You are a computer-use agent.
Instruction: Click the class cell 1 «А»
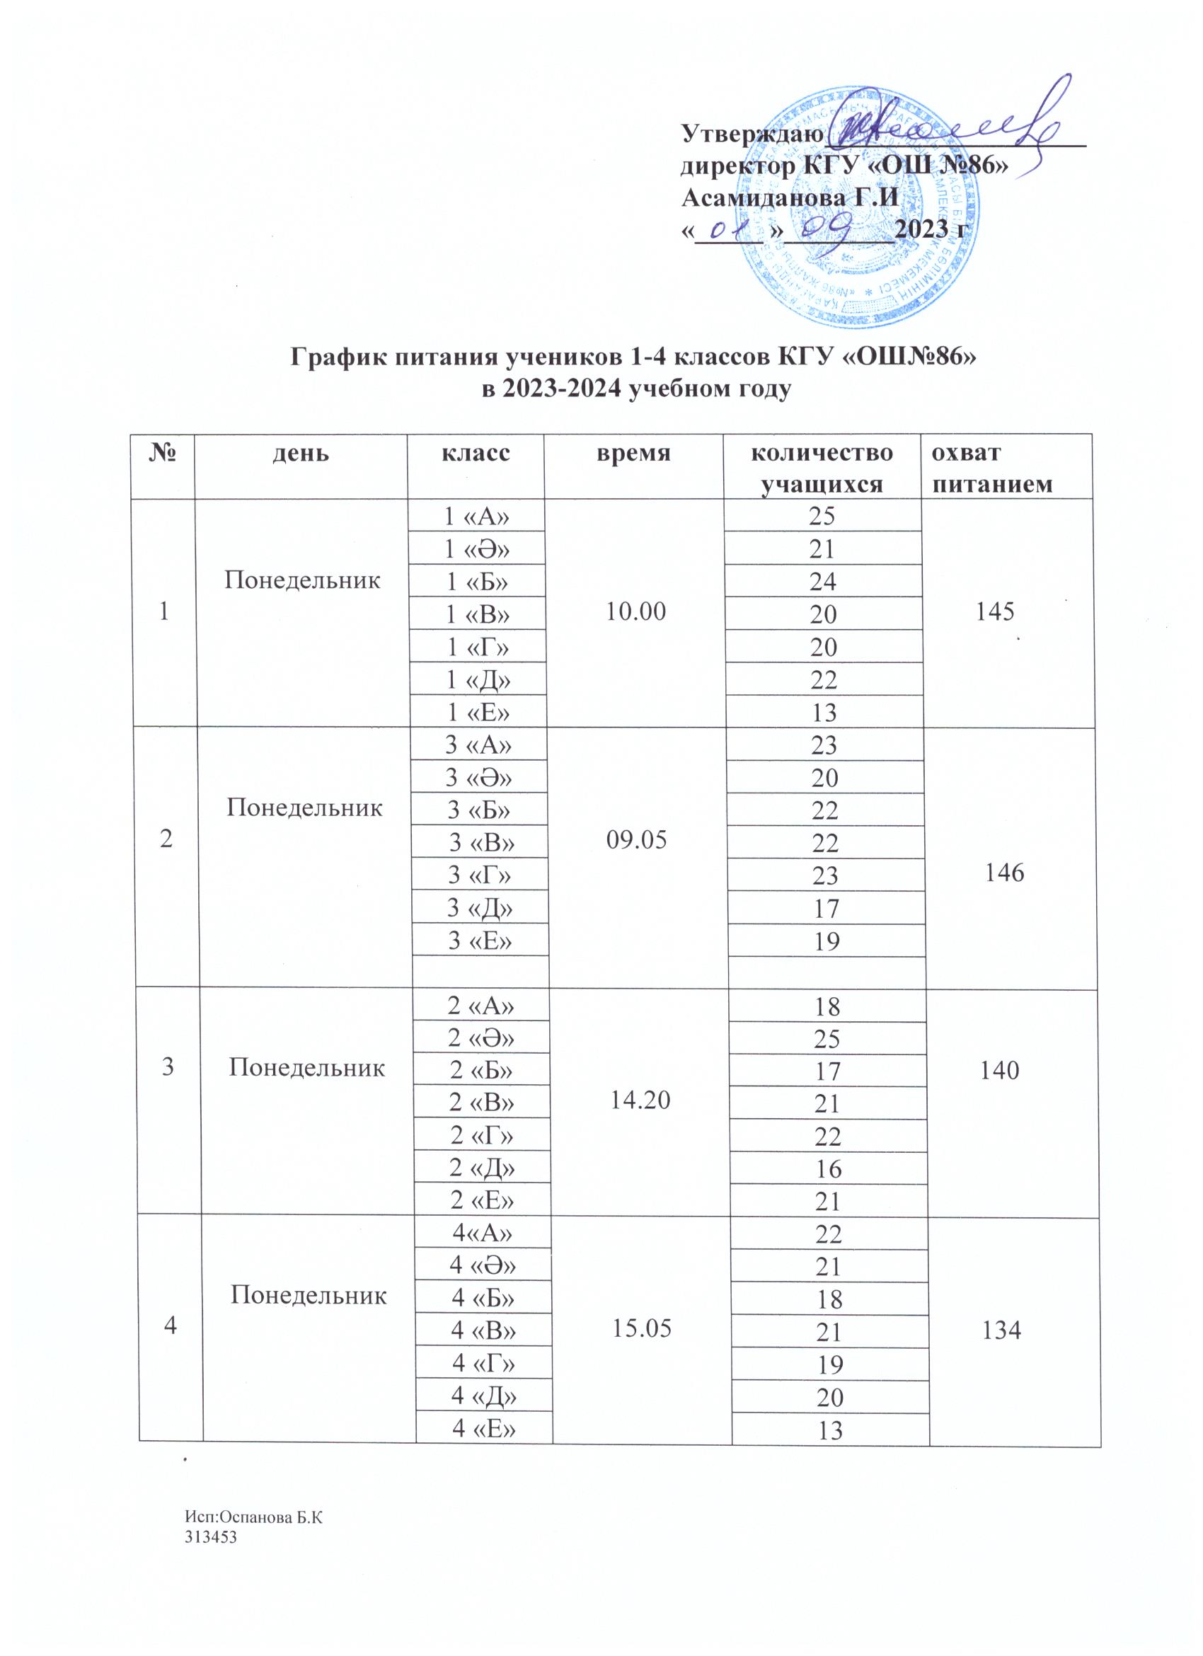click(x=477, y=517)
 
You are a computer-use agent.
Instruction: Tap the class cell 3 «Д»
click(x=480, y=907)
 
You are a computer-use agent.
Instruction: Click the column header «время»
click(x=633, y=454)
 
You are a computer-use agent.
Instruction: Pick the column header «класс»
click(x=476, y=454)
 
